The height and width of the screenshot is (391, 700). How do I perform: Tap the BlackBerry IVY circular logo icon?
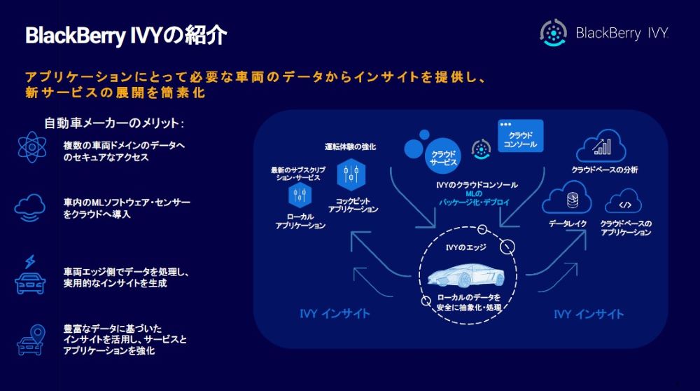click(x=553, y=33)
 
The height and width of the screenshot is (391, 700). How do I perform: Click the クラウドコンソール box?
click(x=520, y=137)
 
